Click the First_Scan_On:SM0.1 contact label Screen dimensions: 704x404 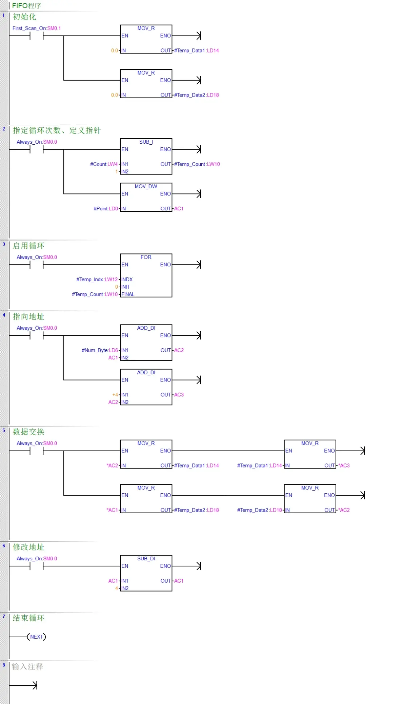[37, 28]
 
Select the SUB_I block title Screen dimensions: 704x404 [146, 142]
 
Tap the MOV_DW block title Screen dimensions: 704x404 [146, 186]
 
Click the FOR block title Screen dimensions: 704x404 [146, 257]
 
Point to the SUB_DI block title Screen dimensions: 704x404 [146, 559]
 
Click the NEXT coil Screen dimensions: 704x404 [37, 637]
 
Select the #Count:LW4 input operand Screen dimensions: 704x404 [104, 164]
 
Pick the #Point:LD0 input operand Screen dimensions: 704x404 [106, 209]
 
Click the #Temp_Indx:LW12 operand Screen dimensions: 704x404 [97, 279]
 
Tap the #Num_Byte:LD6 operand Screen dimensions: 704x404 [100, 350]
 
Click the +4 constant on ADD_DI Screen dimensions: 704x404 [115, 395]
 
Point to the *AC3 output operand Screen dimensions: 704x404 [344, 465]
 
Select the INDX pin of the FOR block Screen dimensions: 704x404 [127, 279]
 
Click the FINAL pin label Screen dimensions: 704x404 [128, 294]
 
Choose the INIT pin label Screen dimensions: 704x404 [125, 287]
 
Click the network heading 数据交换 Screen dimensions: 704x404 [28, 432]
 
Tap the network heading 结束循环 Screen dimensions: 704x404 [28, 618]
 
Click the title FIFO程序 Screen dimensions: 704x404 [26, 6]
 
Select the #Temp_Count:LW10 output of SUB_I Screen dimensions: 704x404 [197, 164]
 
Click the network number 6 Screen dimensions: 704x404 [4, 546]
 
